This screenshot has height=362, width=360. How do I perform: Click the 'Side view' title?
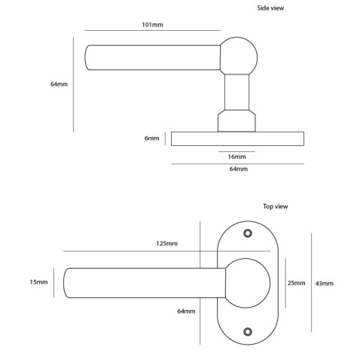tap(270, 8)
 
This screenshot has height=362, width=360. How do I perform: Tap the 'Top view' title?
tap(276, 206)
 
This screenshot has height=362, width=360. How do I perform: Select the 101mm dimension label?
tap(152, 25)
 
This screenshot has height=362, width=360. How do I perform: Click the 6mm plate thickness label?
tap(151, 138)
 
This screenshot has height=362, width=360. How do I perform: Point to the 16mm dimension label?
tap(236, 157)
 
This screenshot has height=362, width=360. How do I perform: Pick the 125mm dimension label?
tap(166, 244)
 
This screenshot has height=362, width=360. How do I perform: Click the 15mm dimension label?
tap(38, 282)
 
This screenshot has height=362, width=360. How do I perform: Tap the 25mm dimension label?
tap(296, 283)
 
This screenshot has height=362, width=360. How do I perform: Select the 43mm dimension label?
tap(325, 284)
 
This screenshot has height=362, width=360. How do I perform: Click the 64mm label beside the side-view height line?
tap(59, 84)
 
